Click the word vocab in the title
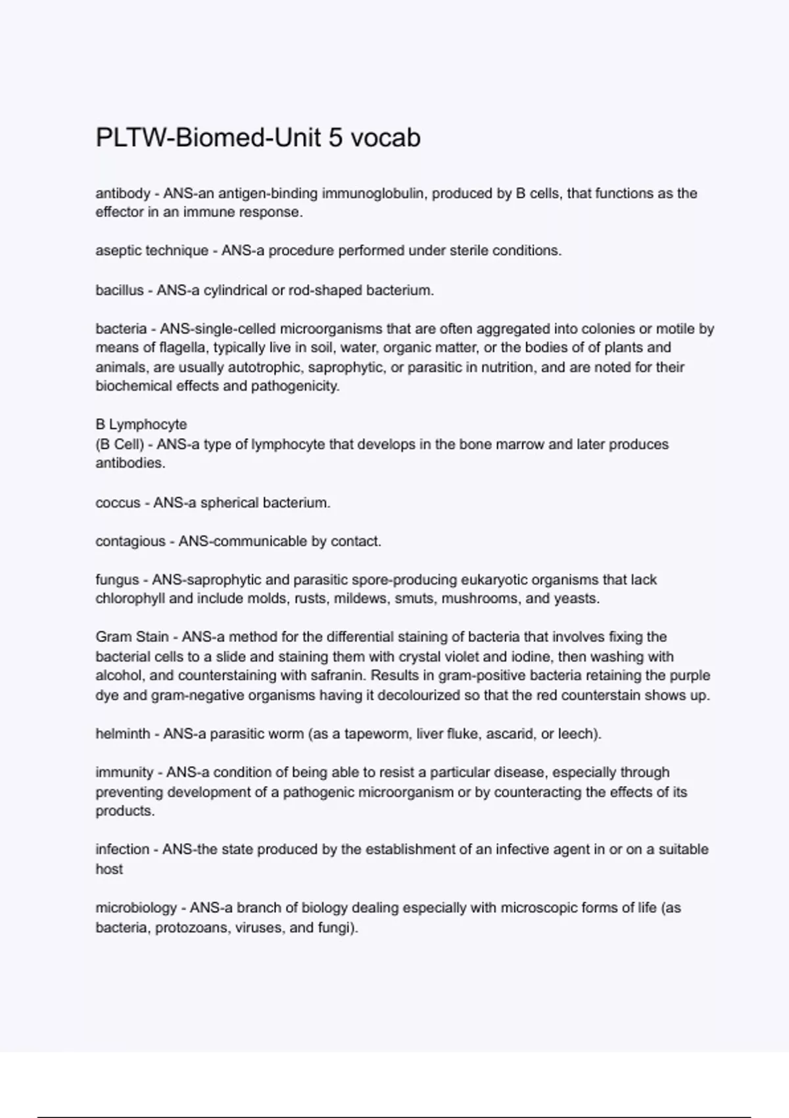click(x=385, y=138)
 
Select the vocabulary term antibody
click(x=123, y=193)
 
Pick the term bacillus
click(x=119, y=290)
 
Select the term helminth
click(x=123, y=733)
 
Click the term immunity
click(x=124, y=772)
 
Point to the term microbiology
click(x=136, y=908)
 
